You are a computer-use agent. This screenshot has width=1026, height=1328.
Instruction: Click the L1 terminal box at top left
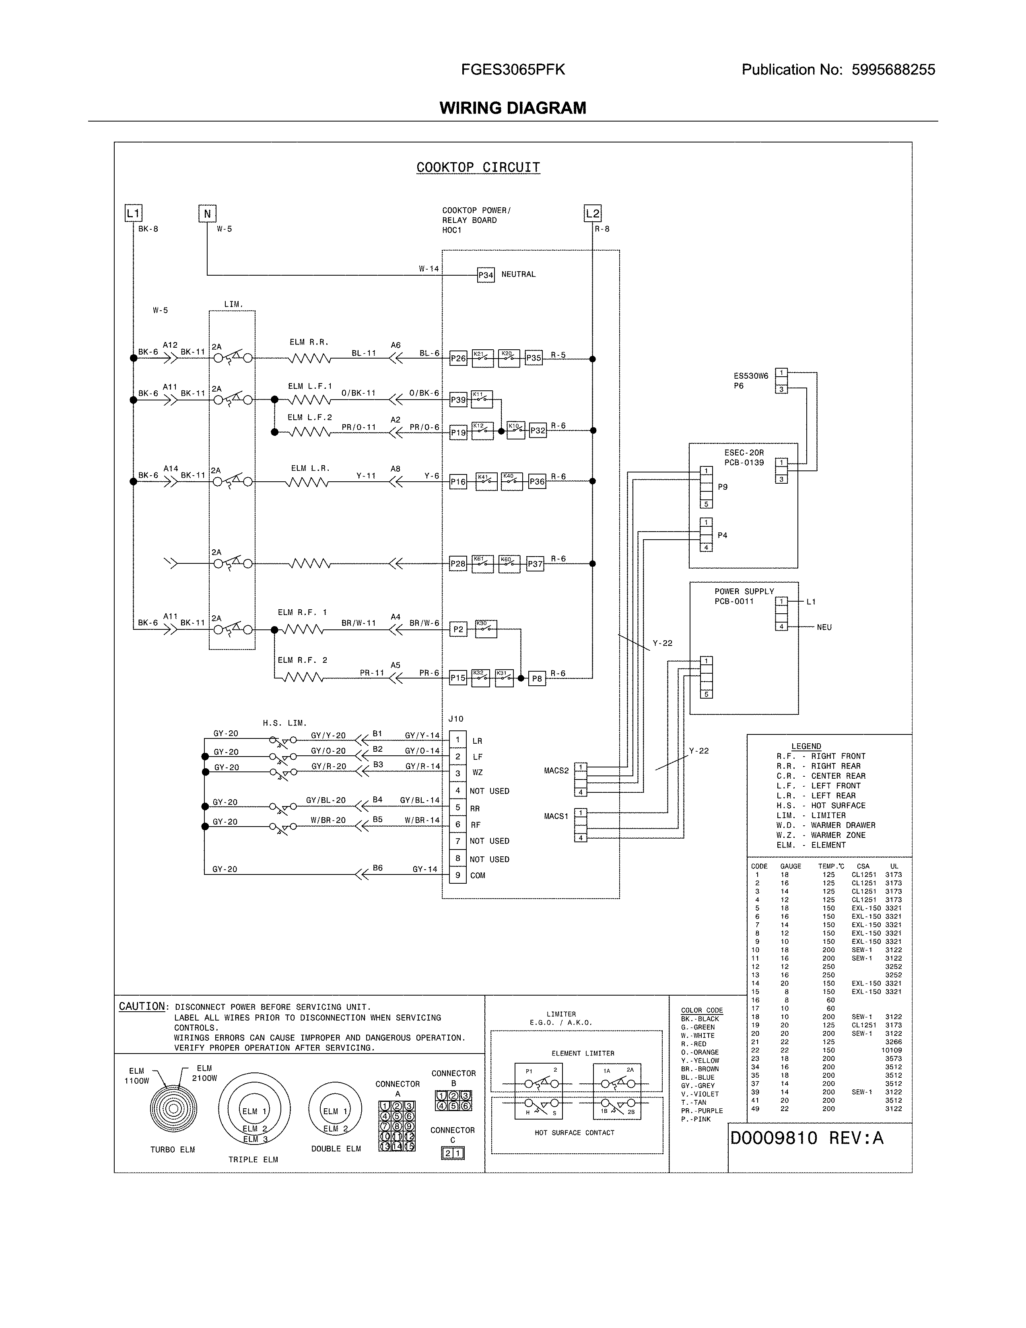[133, 213]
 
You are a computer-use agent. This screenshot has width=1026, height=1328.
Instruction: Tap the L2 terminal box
[592, 213]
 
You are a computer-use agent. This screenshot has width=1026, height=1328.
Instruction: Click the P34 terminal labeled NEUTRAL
[486, 275]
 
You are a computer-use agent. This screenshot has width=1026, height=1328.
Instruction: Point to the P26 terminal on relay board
[458, 359]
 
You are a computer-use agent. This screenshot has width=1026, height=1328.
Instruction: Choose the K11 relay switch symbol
[481, 400]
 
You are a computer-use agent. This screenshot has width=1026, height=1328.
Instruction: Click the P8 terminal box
[537, 678]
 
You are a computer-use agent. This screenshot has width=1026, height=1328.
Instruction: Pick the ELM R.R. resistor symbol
[309, 359]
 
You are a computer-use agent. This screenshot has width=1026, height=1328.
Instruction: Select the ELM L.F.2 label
[309, 418]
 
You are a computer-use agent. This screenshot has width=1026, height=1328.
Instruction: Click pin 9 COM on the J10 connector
[458, 876]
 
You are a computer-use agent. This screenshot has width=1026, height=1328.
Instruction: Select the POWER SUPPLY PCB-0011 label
[744, 596]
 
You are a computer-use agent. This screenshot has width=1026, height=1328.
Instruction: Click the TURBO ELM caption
[173, 1150]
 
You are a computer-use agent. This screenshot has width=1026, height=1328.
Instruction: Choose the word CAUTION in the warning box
[142, 1007]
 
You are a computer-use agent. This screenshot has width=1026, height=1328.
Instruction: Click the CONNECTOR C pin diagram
[452, 1153]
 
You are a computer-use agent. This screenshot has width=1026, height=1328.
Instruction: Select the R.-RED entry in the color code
[694, 1044]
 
